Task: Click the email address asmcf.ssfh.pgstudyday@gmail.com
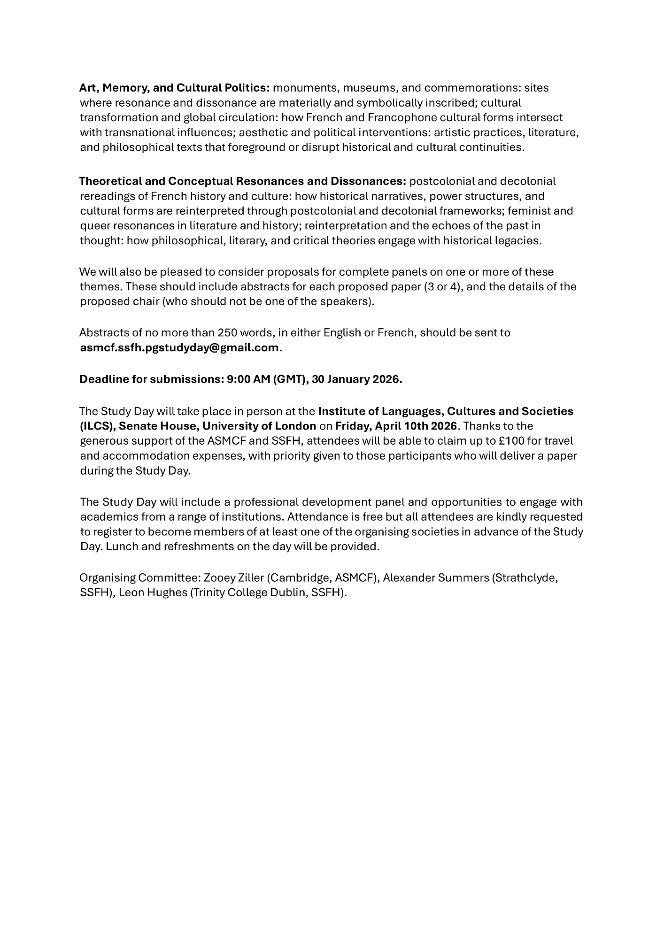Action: point(179,348)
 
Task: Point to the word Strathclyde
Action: point(525,578)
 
